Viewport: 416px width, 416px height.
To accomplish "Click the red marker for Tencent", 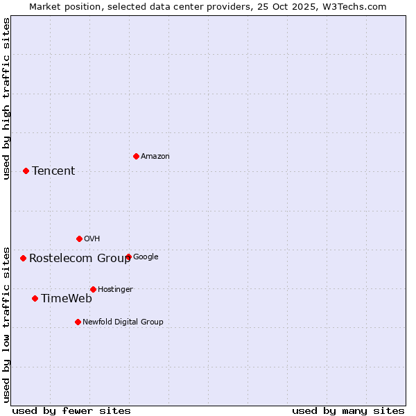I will tap(26, 171).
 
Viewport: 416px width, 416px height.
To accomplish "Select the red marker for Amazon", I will tap(136, 156).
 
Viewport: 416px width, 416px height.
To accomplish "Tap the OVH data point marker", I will tap(79, 239).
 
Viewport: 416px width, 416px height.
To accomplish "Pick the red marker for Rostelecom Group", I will tap(23, 258).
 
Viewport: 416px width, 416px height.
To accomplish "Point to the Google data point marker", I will tap(128, 257).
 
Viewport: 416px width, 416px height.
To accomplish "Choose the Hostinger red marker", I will tap(93, 289).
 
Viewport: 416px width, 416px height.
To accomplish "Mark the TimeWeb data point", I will tap(35, 298).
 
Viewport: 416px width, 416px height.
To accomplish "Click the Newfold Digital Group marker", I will tap(78, 322).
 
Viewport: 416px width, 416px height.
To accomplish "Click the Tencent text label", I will tap(53, 171).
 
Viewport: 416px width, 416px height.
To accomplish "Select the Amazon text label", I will tap(155, 156).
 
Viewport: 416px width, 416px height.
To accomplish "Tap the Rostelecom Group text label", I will tap(80, 259).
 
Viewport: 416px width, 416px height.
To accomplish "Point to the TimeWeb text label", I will tap(67, 299).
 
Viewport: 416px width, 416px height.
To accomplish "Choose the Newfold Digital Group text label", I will tap(123, 322).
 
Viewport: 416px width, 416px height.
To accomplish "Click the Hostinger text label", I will tap(115, 289).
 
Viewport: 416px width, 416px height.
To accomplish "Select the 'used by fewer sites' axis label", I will tap(71, 410).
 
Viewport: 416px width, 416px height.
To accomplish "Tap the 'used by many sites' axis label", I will tap(348, 410).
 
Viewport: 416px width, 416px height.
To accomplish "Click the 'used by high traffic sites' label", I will tap(6, 98).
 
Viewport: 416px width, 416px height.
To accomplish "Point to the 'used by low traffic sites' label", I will tap(6, 324).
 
